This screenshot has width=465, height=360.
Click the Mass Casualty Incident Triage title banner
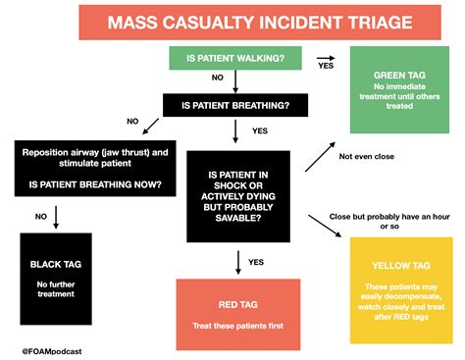[232, 23]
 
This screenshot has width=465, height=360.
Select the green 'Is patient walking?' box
[233, 59]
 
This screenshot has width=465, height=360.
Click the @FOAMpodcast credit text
[49, 348]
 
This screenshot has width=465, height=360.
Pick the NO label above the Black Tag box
[40, 216]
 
